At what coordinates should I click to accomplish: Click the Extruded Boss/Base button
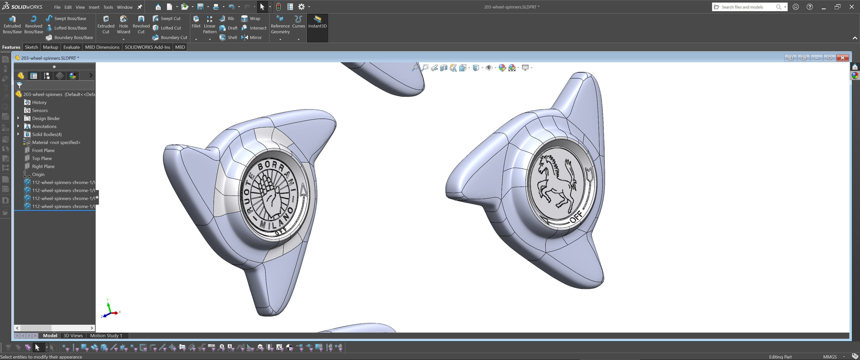(12, 25)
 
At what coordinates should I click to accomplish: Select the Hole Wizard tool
(123, 25)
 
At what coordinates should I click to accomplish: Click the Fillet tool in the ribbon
(196, 22)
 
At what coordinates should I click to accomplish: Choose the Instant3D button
(317, 22)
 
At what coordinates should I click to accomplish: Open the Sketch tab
(31, 47)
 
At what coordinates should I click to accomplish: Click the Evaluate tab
(71, 47)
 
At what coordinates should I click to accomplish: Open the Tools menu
(108, 7)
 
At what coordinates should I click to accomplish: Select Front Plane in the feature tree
(43, 150)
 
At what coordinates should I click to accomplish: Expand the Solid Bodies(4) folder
(18, 134)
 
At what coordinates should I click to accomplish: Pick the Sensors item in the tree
(40, 110)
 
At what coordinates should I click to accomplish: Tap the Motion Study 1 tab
(106, 335)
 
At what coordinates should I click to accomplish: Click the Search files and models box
(748, 7)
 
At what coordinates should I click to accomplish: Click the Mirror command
(255, 37)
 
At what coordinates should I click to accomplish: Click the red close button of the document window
(842, 58)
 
